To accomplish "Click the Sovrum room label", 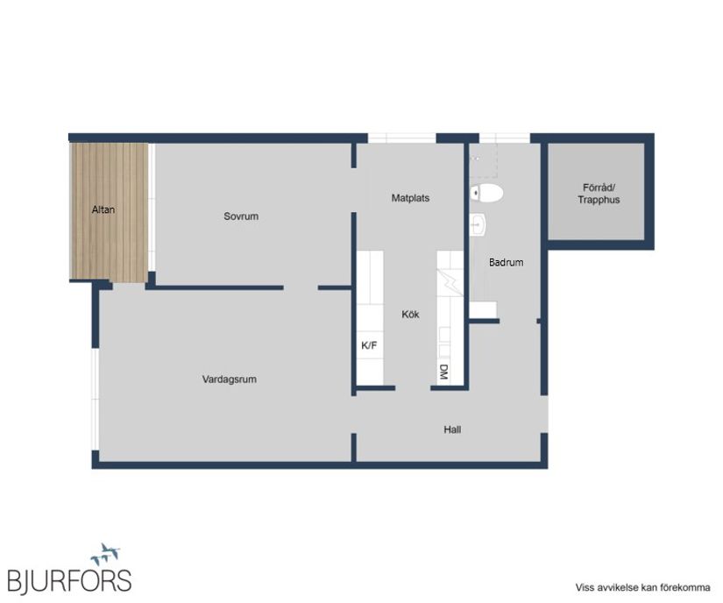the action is click(241, 216).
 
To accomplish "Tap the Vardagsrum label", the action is click(229, 380).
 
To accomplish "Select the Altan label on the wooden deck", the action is click(103, 209).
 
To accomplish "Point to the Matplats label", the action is click(410, 198).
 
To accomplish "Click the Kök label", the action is click(410, 315).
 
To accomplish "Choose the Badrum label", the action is click(506, 262).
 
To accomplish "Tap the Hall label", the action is click(452, 429).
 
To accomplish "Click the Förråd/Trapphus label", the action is click(599, 194).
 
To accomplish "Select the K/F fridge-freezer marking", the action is click(369, 345).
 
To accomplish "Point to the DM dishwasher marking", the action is click(443, 372).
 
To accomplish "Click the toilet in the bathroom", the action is click(486, 193).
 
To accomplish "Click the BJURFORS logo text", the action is click(69, 580).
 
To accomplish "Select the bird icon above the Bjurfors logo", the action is click(105, 554).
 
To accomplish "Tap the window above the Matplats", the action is click(401, 138).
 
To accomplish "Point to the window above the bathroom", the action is click(505, 138).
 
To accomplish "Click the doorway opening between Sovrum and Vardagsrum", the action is click(301, 287).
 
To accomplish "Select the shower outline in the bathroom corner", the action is click(483, 160).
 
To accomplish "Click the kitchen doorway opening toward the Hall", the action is click(413, 388).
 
